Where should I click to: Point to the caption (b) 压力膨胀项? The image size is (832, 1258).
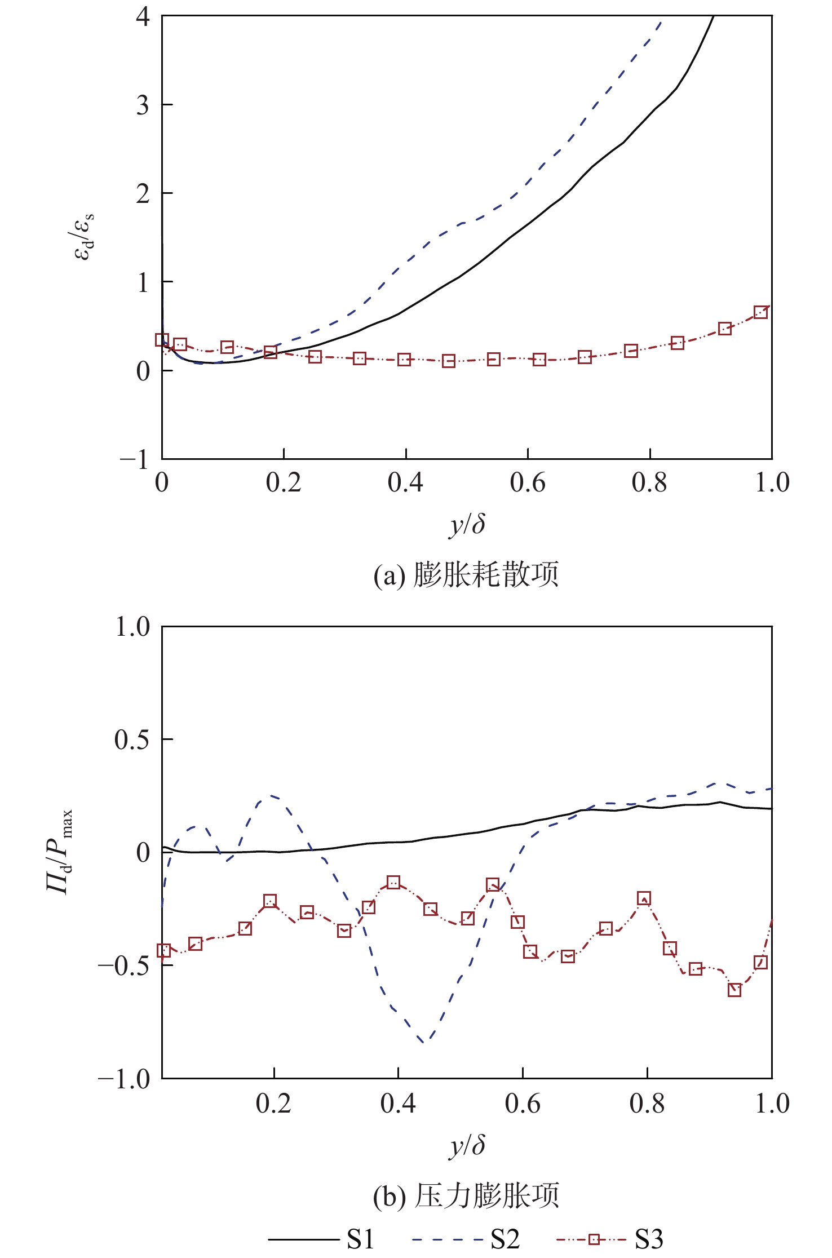coord(466,1195)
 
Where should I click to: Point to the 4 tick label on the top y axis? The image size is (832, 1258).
coord(143,17)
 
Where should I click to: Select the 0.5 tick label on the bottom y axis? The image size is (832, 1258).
coord(132,739)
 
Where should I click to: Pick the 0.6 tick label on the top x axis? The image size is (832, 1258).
coord(528,483)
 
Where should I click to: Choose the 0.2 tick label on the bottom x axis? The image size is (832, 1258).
coord(273,1104)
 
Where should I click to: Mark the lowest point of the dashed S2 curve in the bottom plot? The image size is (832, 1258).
coord(424,1043)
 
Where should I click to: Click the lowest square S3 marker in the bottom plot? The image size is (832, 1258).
coord(734,990)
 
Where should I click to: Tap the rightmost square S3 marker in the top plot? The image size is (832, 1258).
coord(760,312)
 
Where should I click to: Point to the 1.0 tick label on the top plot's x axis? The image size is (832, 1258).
coord(772,483)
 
